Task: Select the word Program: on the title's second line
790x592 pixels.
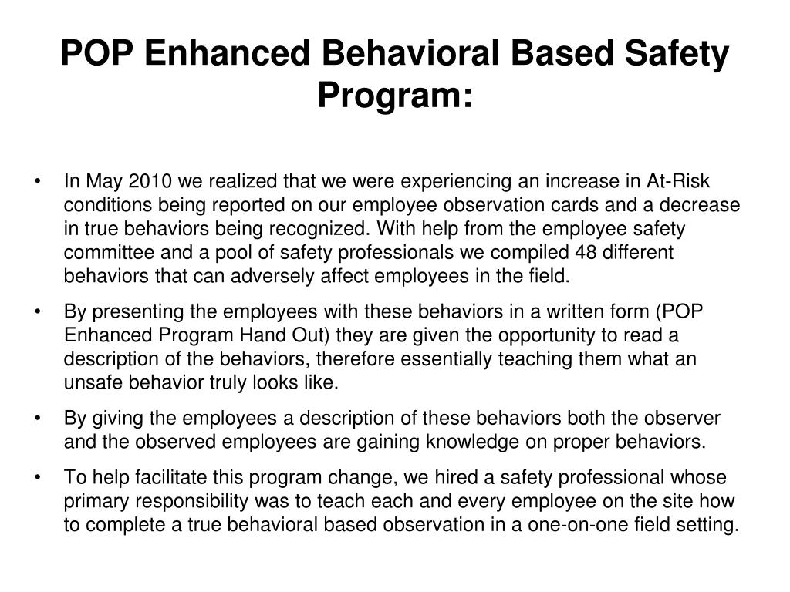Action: click(x=395, y=96)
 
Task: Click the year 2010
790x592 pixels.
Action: click(x=150, y=181)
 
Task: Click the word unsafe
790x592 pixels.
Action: click(x=87, y=383)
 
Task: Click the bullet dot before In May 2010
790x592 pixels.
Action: click(x=39, y=182)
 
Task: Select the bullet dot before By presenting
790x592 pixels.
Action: click(x=39, y=313)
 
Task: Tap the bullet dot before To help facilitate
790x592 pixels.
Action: click(x=39, y=479)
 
